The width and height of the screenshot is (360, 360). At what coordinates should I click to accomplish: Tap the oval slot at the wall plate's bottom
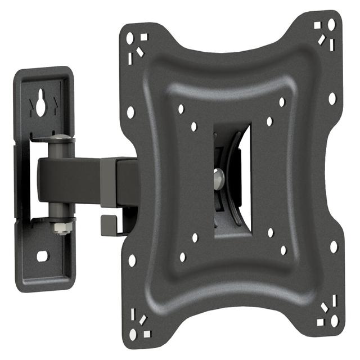click(43, 256)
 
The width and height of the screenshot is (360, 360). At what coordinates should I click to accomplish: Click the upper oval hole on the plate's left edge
click(131, 112)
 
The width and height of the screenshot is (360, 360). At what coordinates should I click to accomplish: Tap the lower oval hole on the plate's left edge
click(132, 260)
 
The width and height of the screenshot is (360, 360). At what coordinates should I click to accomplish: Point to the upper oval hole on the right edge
click(332, 98)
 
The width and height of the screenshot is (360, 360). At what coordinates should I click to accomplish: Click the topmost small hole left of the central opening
click(181, 109)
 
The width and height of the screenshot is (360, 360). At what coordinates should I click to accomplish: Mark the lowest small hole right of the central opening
click(283, 250)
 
